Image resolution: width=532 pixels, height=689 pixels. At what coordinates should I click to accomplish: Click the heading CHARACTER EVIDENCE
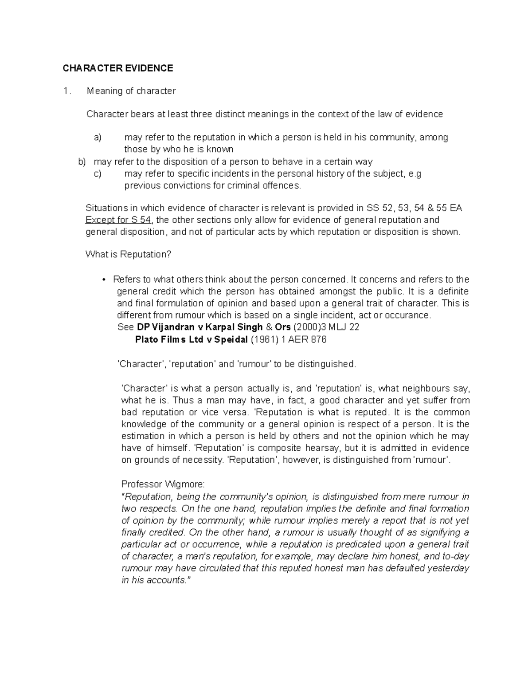tap(117, 68)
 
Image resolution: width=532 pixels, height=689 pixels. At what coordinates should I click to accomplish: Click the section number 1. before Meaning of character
tap(66, 91)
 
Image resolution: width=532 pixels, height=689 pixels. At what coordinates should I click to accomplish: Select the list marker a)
tap(98, 138)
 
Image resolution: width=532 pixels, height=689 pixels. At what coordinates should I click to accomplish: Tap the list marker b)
tap(82, 161)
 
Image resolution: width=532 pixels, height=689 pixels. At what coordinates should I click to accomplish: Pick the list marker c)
tap(98, 173)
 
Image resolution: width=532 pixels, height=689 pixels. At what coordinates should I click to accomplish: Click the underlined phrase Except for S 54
tap(118, 220)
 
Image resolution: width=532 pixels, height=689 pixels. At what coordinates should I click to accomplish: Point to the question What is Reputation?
tap(128, 255)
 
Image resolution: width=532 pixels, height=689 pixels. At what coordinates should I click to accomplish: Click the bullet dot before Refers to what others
tap(103, 280)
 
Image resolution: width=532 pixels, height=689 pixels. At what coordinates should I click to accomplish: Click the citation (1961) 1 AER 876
tap(289, 340)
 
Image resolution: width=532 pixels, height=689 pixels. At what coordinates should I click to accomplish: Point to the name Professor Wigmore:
tap(163, 484)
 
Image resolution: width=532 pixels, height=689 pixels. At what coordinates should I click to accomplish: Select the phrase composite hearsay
tap(299, 448)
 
